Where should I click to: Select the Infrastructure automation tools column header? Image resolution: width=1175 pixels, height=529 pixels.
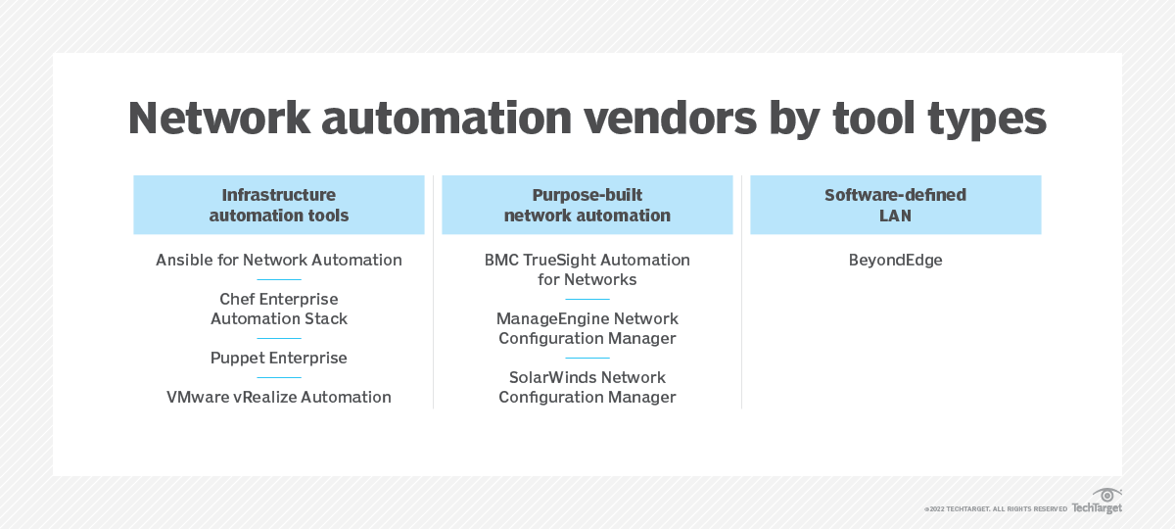[x=279, y=205]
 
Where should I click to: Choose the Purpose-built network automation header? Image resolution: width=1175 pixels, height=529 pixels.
[x=587, y=205]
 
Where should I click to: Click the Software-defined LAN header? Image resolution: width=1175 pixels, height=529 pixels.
[x=895, y=205]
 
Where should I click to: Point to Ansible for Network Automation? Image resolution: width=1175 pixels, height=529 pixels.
[x=279, y=260]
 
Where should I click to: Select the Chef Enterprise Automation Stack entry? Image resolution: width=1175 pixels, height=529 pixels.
[x=279, y=309]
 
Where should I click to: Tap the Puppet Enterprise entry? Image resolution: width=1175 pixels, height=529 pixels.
[x=279, y=358]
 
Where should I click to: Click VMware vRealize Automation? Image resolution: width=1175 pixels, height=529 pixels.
[x=279, y=397]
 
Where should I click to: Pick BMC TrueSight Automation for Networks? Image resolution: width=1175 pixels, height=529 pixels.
[x=587, y=269]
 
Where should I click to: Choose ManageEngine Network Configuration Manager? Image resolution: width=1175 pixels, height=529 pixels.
[x=587, y=328]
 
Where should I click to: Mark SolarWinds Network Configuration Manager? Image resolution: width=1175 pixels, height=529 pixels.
[x=587, y=387]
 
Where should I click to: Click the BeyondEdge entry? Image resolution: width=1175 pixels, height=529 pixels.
[x=895, y=260]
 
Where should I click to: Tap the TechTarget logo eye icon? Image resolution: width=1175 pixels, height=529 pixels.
[x=1107, y=495]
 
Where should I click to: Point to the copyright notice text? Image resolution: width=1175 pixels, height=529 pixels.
[x=995, y=509]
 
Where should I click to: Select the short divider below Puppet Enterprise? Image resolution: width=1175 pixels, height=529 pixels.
[x=279, y=377]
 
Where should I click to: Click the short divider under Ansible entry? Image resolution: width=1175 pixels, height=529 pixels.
[x=279, y=279]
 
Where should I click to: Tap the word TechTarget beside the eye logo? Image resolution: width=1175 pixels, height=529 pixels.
[x=1097, y=508]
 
